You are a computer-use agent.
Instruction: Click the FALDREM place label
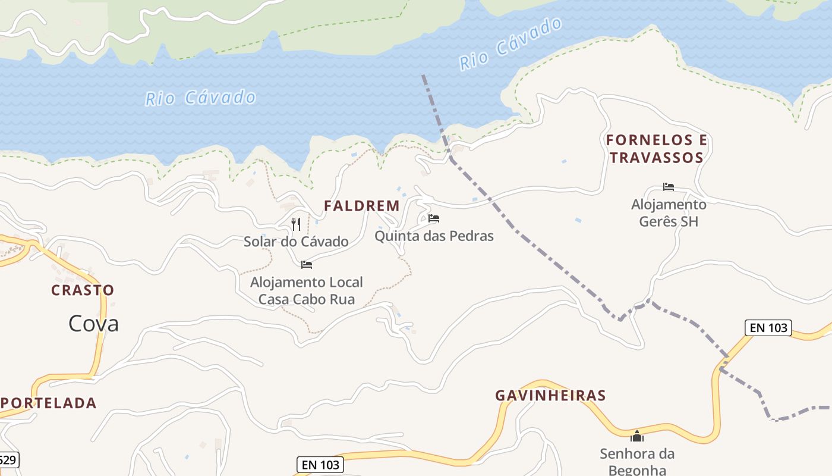point(361,206)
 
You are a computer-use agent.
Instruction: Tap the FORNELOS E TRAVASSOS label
point(657,149)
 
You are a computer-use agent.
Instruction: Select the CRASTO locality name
point(83,290)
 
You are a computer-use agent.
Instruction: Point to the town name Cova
point(93,324)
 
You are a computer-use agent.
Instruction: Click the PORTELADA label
point(49,403)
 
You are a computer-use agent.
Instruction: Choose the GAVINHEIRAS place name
point(550,396)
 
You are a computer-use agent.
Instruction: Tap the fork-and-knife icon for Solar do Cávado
point(296,224)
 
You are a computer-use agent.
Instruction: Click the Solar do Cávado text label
point(296,242)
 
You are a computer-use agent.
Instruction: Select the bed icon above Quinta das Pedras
point(434,218)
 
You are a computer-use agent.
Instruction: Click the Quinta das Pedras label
point(434,236)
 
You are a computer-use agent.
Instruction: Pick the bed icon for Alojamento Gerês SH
point(669,187)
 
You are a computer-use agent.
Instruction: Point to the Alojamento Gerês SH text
point(669,213)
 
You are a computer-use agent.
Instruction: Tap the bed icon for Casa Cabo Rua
point(307,265)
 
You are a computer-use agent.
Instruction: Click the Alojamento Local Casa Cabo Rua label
point(307,290)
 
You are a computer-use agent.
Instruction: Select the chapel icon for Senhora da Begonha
point(637,437)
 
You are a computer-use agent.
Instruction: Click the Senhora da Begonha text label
point(637,461)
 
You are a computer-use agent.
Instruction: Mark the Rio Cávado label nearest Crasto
point(201,98)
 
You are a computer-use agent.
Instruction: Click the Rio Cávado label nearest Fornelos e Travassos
point(511,44)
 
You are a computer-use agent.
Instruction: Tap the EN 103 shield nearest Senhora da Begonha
point(768,327)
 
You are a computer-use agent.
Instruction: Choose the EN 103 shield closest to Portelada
point(320,464)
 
